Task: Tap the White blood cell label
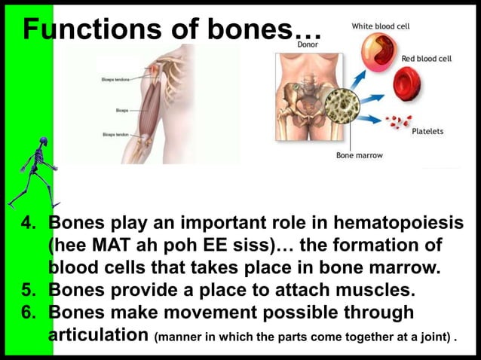pos(380,26)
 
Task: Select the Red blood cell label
pos(427,58)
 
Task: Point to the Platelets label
pos(427,131)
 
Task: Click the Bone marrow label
pos(359,155)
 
